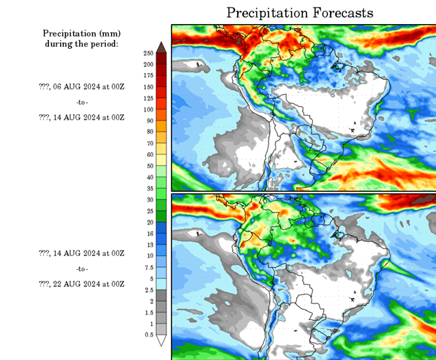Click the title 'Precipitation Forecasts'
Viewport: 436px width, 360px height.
[300, 13]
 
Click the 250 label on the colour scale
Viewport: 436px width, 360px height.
[148, 53]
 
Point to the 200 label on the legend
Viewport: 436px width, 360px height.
[148, 64]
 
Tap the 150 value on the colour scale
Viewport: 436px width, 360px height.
[148, 87]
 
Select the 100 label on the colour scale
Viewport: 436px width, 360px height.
[148, 109]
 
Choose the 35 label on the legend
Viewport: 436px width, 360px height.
[149, 188]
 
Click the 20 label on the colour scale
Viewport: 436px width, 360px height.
[149, 222]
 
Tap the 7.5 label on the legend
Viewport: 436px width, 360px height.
[149, 267]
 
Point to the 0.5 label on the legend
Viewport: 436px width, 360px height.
[149, 335]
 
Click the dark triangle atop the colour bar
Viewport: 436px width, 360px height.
[161, 47]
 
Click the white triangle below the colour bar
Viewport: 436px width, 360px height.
[161, 340]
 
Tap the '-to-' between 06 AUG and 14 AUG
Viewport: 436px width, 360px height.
[82, 102]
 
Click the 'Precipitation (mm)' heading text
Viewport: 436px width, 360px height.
[81, 33]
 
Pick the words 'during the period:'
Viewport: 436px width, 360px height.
[81, 43]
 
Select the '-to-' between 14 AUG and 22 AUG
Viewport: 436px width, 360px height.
[82, 268]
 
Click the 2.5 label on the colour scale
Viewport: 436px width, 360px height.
[149, 290]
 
